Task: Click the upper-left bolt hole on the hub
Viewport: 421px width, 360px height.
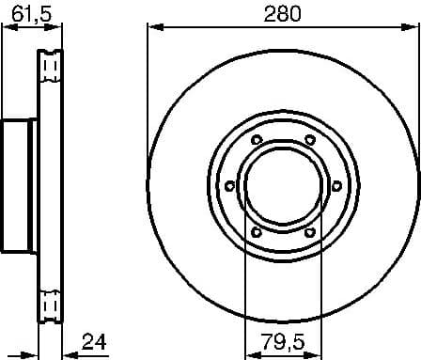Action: point(256,141)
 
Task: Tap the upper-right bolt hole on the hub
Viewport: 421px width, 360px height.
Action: point(309,141)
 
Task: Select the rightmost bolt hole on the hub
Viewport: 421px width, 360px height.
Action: point(336,186)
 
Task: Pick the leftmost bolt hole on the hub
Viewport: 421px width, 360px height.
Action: point(228,186)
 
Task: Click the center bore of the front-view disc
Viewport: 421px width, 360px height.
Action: point(282,186)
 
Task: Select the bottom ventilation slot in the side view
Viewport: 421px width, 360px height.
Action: point(51,305)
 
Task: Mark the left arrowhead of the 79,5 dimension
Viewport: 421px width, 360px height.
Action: point(249,353)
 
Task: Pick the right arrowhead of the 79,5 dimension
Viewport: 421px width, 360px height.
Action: point(316,353)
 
